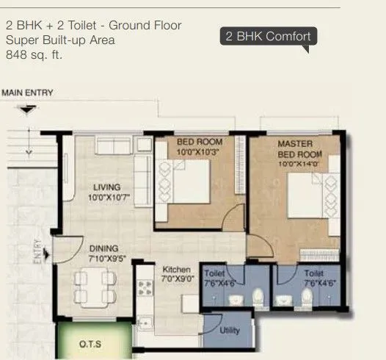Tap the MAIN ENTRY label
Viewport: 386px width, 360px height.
coord(28,93)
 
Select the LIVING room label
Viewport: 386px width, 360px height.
coord(106,187)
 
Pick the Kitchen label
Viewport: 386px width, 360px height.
coord(176,270)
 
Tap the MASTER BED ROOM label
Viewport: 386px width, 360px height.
coord(295,148)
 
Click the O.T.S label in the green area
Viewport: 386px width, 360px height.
coord(91,343)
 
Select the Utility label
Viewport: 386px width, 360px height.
coord(230,331)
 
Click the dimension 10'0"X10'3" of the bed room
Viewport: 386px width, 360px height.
coord(200,151)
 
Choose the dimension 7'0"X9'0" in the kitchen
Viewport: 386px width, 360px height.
coord(176,279)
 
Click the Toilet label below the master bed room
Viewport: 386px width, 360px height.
coord(314,273)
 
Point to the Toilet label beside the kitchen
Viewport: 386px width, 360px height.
coord(214,273)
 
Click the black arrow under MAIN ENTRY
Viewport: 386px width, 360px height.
coord(28,110)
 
